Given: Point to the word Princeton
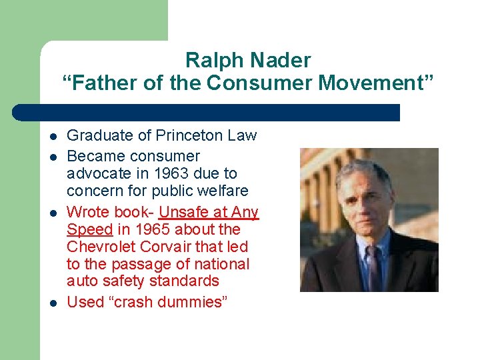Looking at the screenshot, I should (x=190, y=135).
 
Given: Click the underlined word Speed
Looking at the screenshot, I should (x=89, y=229).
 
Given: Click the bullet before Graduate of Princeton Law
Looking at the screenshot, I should (x=52, y=137).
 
